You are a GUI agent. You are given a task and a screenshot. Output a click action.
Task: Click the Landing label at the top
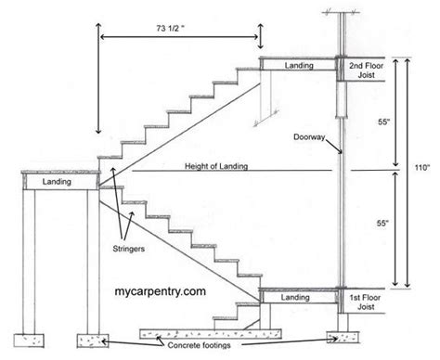click(x=298, y=66)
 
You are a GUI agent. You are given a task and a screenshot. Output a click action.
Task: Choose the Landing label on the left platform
click(x=57, y=184)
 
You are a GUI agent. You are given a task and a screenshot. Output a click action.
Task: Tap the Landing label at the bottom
click(x=295, y=298)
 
